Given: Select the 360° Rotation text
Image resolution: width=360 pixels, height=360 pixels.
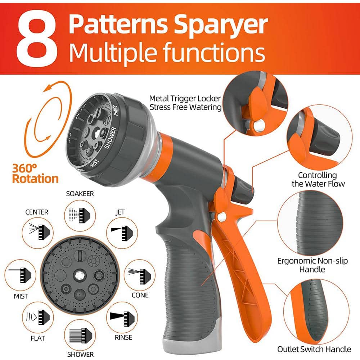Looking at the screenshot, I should (35, 173).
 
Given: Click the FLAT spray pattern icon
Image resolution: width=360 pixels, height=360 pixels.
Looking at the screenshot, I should (37, 317).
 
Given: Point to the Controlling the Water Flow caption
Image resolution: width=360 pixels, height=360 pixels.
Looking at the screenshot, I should (317, 179).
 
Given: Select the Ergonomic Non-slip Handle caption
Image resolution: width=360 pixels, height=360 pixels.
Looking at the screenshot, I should (312, 265).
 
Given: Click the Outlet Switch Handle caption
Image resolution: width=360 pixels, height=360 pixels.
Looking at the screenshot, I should (314, 349).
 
